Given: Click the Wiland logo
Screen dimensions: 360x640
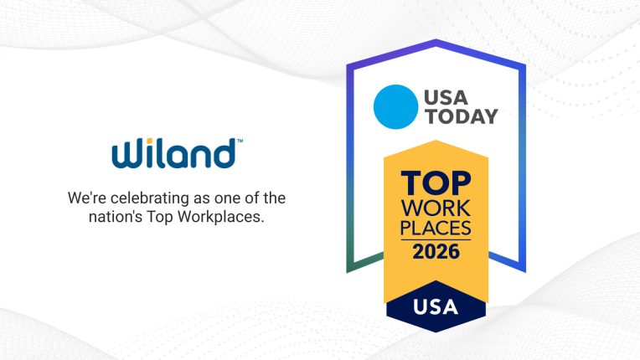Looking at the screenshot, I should (x=175, y=154).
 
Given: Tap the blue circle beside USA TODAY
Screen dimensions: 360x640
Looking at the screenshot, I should (x=394, y=106).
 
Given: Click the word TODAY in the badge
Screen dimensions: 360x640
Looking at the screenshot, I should (x=461, y=116).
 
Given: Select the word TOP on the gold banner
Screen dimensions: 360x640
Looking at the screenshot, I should (x=435, y=183).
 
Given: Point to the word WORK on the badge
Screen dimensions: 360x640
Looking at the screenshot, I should (x=435, y=206).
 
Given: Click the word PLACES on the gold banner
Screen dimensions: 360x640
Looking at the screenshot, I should (x=435, y=226).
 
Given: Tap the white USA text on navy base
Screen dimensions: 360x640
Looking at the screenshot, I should (x=435, y=306).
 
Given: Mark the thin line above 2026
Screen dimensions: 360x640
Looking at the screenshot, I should (x=435, y=239).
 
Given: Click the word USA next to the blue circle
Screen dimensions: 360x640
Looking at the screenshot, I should (x=445, y=96).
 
